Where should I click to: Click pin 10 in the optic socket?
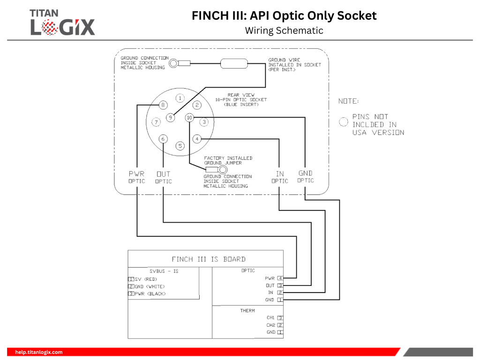pyautogui.click(x=189, y=118)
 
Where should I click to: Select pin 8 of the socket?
pyautogui.click(x=163, y=105)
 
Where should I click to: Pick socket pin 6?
pyautogui.click(x=163, y=139)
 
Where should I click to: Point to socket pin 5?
pyautogui.click(x=180, y=146)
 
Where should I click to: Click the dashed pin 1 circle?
pyautogui.click(x=180, y=98)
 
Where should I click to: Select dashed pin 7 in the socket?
pyautogui.click(x=156, y=122)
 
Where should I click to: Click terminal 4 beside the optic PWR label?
pyautogui.click(x=280, y=278)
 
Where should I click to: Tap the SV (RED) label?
pyautogui.click(x=146, y=279)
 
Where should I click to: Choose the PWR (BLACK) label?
pyautogui.click(x=150, y=293)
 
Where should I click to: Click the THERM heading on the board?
pyautogui.click(x=247, y=310)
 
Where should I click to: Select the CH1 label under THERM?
pyautogui.click(x=270, y=317)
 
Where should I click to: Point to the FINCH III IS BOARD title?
pyautogui.click(x=209, y=259)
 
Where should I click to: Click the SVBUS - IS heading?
pyautogui.click(x=164, y=271)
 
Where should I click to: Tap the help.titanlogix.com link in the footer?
pyautogui.click(x=39, y=352)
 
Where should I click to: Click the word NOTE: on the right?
pyautogui.click(x=349, y=101)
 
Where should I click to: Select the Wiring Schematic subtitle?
pyautogui.click(x=284, y=30)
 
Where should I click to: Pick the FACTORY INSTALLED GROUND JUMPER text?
pyautogui.click(x=228, y=160)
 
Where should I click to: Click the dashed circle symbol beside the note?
pyautogui.click(x=344, y=122)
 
